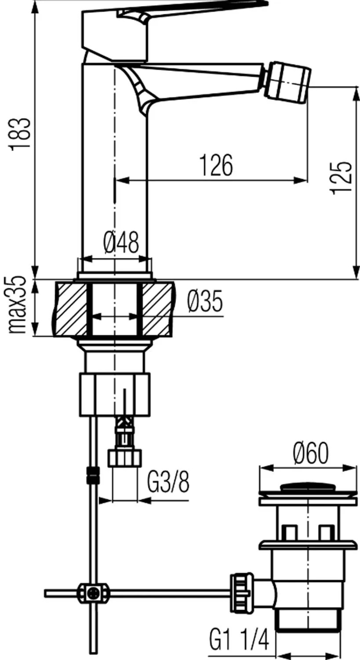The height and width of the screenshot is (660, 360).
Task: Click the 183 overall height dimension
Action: (21, 134)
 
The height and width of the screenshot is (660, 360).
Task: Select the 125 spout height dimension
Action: (341, 178)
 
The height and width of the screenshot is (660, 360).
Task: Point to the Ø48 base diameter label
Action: (121, 242)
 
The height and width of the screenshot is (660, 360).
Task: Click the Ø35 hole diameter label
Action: (205, 301)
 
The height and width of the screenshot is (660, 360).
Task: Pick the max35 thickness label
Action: (17, 305)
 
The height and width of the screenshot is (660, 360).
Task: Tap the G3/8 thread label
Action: (168, 482)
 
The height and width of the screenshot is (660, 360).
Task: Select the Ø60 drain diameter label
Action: (310, 454)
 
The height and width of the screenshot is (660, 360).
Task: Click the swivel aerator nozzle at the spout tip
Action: (288, 83)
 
